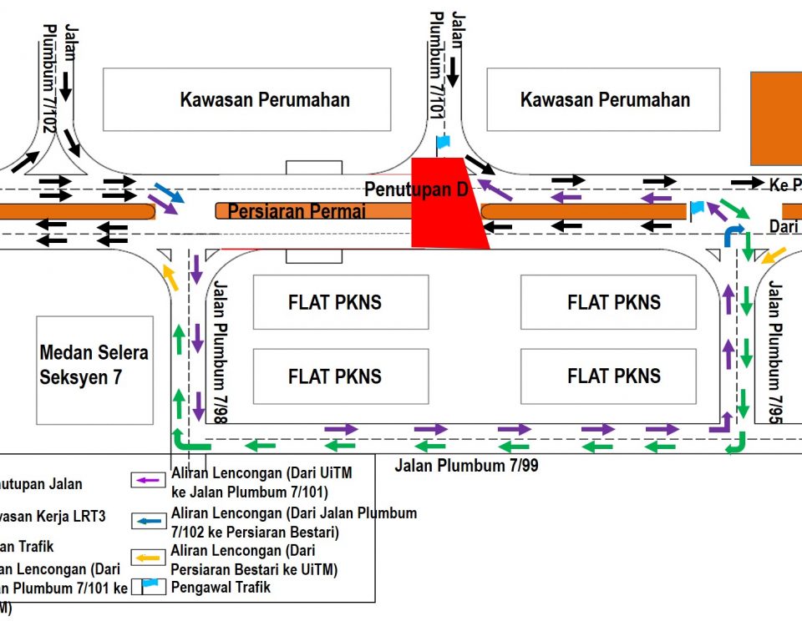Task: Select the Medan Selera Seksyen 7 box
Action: [94, 366]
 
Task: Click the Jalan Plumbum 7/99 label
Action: [467, 466]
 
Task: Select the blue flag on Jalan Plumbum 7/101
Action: [443, 141]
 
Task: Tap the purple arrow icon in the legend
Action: [150, 480]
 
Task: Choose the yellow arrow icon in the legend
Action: [150, 558]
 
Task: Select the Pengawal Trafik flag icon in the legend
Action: [150, 587]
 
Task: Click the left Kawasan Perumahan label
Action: [265, 100]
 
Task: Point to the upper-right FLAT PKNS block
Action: [613, 302]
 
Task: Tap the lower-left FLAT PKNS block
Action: [334, 376]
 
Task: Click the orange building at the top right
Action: [776, 118]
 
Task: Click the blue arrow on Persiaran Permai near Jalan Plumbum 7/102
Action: [170, 194]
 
